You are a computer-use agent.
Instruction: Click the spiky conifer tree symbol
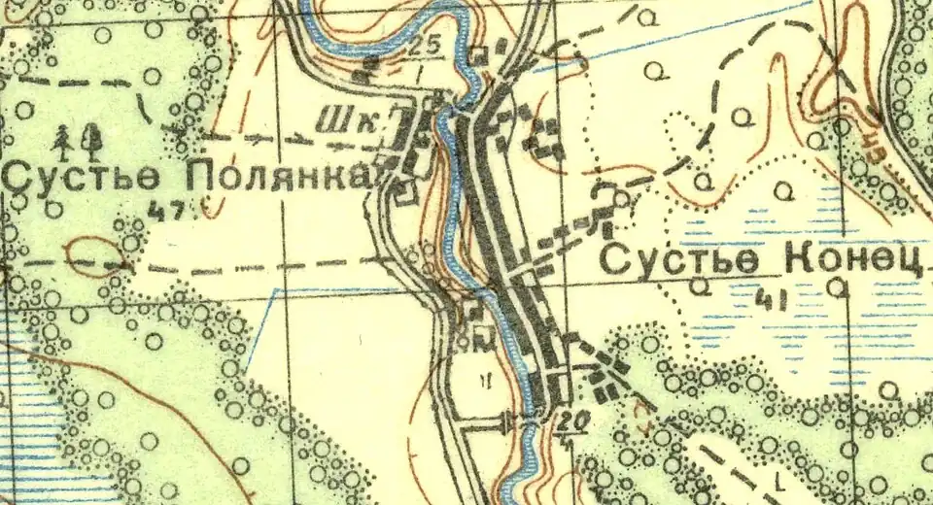67,141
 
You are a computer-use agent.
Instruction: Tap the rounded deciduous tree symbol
93,141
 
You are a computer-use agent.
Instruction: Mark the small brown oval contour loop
96,256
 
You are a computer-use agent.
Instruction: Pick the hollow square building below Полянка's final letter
406,193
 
